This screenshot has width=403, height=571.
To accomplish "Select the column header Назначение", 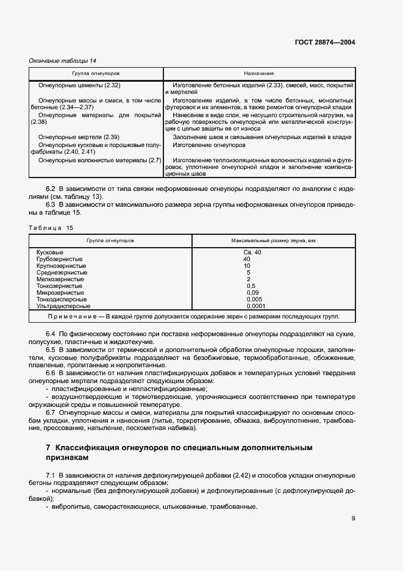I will (259, 73).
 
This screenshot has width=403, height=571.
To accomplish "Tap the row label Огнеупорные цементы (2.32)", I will (79, 85).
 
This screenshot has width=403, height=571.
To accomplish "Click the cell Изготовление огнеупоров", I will (209, 146).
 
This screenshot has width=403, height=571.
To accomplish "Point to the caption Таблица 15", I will (51, 228).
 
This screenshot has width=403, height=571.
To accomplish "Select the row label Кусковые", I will (50, 252).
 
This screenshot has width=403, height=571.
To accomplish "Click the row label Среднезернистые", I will (62, 272).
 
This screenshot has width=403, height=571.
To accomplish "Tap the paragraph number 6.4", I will (51, 335).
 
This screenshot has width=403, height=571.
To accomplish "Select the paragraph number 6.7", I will (51, 413).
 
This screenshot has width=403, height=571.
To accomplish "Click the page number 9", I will (353, 519).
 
